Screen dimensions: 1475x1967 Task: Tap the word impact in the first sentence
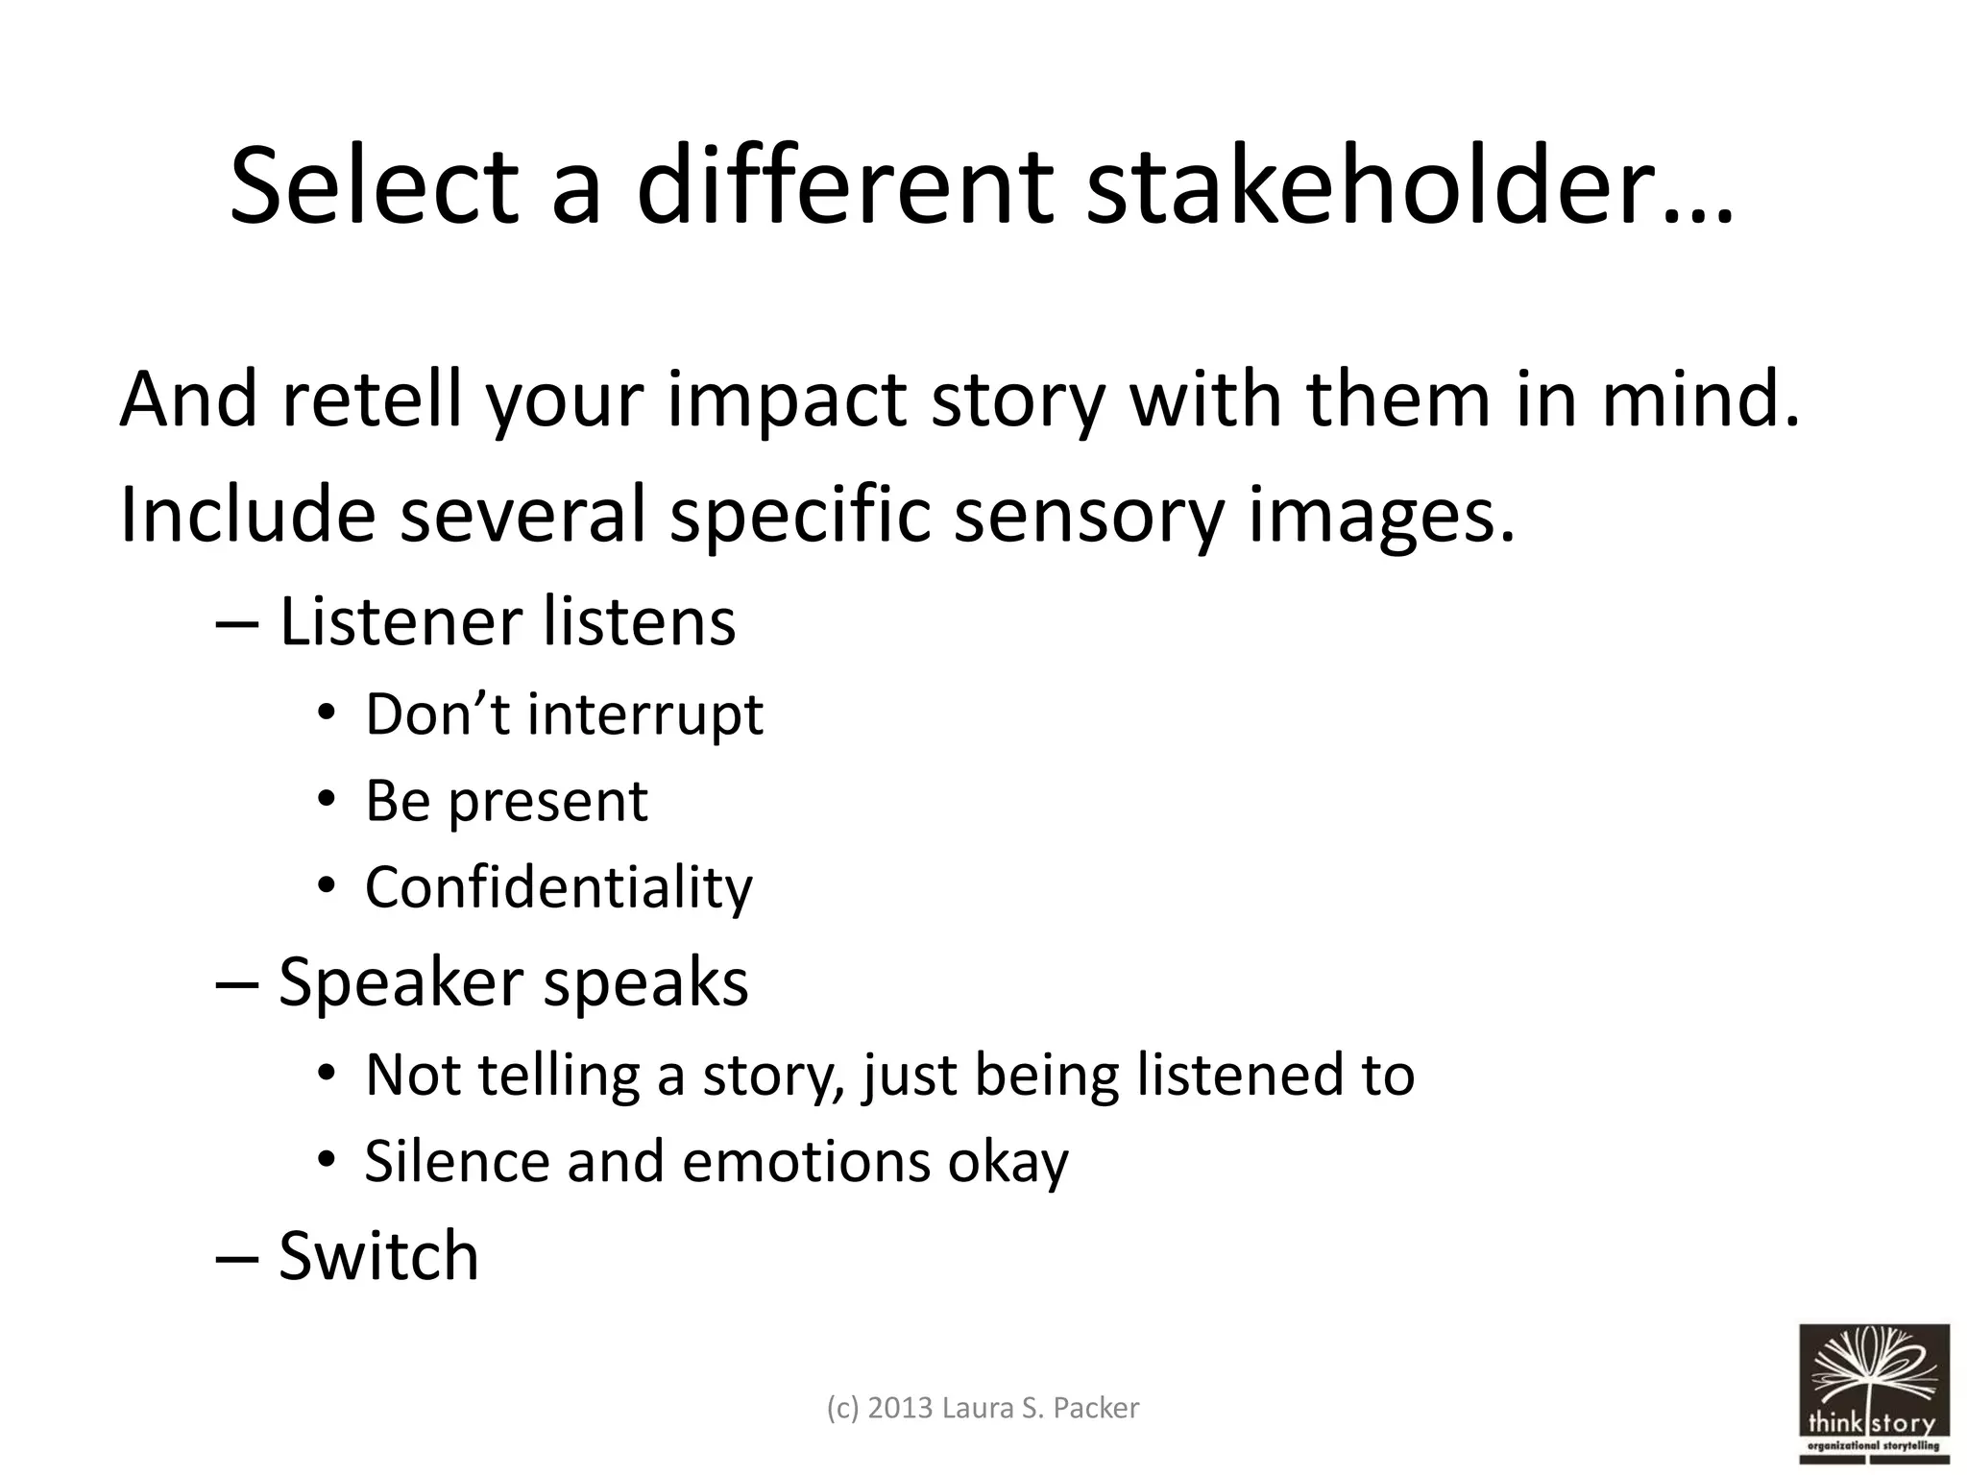(x=787, y=399)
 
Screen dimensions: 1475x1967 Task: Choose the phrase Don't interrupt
(x=564, y=714)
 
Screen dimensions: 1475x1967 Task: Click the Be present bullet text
(x=506, y=800)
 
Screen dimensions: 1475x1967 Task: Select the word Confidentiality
(x=558, y=886)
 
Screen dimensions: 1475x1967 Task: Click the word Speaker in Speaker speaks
(x=398, y=981)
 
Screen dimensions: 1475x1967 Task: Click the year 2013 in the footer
(x=901, y=1408)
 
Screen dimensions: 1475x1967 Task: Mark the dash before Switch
(x=236, y=1257)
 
